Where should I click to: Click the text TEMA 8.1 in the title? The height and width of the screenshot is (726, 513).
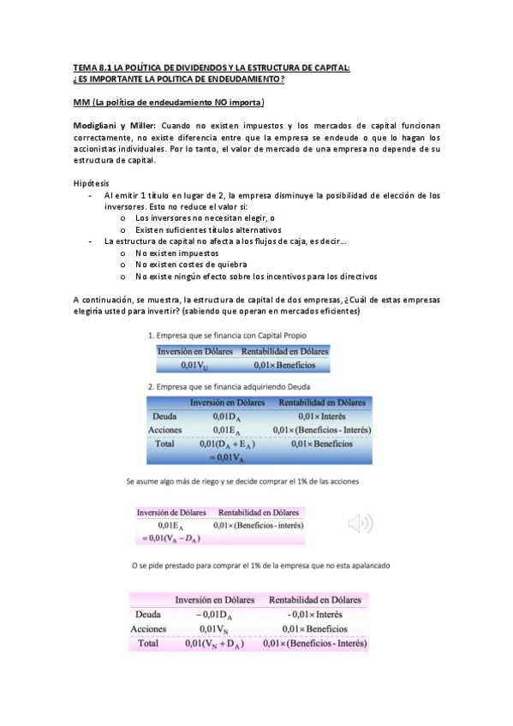(92, 68)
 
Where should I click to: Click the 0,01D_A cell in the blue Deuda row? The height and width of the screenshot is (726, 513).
(234, 415)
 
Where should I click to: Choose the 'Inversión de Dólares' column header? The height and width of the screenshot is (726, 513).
(171, 512)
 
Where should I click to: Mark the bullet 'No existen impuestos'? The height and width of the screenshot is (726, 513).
(177, 253)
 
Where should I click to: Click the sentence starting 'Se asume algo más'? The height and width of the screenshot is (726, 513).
(242, 482)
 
